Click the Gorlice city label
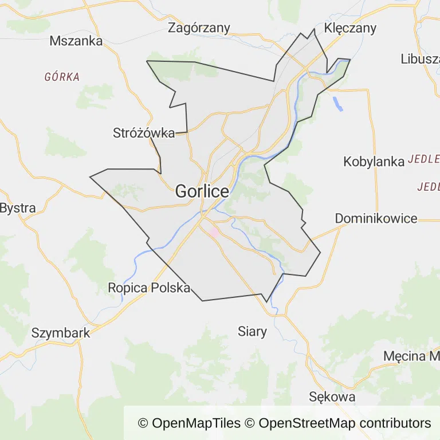[202, 191]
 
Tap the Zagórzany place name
[199, 27]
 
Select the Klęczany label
[350, 27]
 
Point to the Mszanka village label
[76, 41]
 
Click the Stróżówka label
[144, 133]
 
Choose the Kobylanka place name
[374, 162]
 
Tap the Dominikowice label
[376, 218]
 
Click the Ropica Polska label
[149, 288]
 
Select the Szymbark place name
[61, 333]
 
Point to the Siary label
[252, 331]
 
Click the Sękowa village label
[332, 396]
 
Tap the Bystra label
[18, 208]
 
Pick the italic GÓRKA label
[62, 77]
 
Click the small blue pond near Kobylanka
[337, 103]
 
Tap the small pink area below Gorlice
[214, 233]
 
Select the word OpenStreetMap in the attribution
[307, 423]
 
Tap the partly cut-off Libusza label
[420, 58]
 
